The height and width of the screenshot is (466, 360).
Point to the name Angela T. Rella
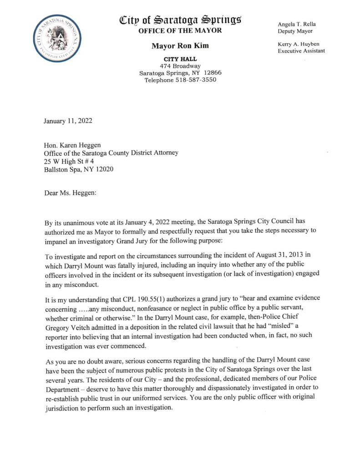[299, 24]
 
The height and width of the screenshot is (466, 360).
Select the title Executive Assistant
[301, 51]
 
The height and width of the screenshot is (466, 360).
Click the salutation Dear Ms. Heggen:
[68, 193]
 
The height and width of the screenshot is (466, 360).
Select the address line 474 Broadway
[180, 66]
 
